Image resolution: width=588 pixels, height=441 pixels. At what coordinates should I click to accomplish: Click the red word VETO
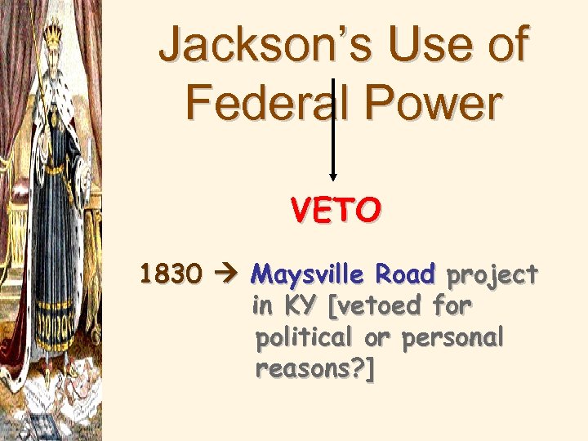335,212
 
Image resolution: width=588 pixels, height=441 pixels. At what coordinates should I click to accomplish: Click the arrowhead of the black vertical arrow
333,176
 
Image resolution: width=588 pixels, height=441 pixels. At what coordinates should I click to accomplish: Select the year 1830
171,275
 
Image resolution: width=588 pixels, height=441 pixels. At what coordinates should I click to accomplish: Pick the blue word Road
406,274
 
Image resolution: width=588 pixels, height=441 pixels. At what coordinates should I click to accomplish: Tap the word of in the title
506,47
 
